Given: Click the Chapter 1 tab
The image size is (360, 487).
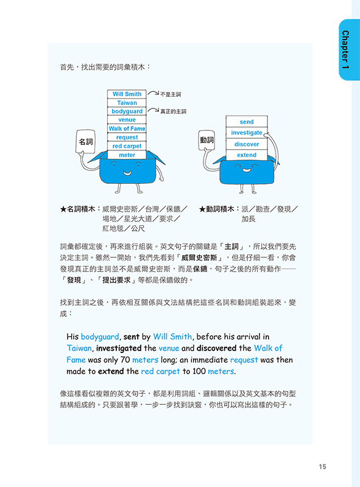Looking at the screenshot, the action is tap(349, 50).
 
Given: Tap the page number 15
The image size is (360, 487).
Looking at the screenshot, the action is tap(322, 466).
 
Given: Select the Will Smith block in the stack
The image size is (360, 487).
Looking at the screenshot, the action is tap(127, 94).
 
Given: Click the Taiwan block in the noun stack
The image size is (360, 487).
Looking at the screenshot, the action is tap(127, 103).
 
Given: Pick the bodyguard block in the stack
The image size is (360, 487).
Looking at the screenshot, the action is tap(127, 111).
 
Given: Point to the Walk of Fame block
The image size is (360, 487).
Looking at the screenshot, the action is tap(127, 128).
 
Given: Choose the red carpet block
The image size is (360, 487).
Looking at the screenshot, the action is tap(127, 146).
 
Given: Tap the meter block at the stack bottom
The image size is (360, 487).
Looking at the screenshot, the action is tap(127, 155).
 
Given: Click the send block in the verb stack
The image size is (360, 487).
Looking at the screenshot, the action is tap(247, 122).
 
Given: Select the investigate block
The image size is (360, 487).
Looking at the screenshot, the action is tap(247, 133).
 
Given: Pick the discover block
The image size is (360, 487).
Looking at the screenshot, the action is tap(247, 144).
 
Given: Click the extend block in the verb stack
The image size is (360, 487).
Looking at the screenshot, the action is tap(247, 155).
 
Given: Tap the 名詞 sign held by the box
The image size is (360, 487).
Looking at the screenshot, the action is tap(85, 142).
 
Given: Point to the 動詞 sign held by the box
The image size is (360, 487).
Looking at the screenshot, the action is tap(206, 140).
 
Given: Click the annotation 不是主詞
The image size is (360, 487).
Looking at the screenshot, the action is tap(171, 94).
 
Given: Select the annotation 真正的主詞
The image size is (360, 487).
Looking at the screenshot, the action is tap(173, 111).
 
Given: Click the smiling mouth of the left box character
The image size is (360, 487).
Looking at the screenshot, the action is tap(127, 173).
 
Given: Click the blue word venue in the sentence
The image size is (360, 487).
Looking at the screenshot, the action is tap(169, 348).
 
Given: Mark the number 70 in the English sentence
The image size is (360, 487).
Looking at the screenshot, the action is tap(125, 360).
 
